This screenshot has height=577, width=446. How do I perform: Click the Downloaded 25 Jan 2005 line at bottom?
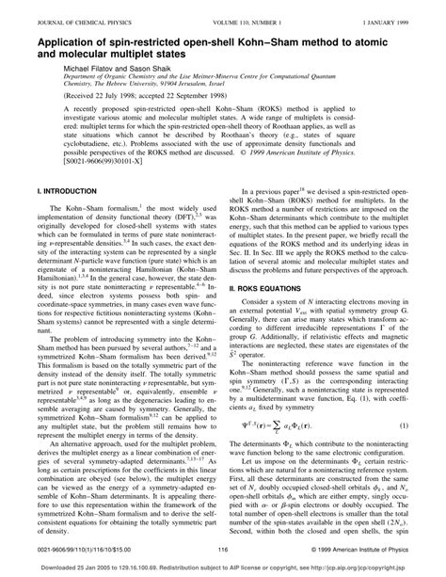click(x=223, y=569)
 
